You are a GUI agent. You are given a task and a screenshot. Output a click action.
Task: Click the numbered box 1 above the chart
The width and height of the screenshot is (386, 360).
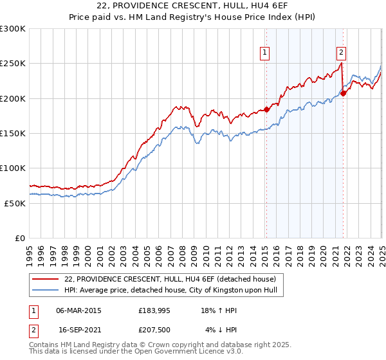265,53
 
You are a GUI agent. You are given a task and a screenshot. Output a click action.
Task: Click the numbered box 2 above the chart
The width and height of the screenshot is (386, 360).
341,53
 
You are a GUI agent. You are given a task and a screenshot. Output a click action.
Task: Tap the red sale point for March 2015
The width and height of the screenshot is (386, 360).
266,109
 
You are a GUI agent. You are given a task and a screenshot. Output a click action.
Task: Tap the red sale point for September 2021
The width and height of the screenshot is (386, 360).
344,93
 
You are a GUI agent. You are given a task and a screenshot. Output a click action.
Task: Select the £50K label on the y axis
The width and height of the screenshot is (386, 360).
15,203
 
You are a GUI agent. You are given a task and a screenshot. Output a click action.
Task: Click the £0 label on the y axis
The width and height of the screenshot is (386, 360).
20,238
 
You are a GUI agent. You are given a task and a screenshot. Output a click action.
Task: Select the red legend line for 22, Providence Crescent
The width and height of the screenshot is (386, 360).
45,279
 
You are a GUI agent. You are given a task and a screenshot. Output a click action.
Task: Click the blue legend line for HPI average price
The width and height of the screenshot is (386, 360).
45,290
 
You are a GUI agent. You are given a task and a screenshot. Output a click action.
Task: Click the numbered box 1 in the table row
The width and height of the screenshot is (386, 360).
33,311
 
